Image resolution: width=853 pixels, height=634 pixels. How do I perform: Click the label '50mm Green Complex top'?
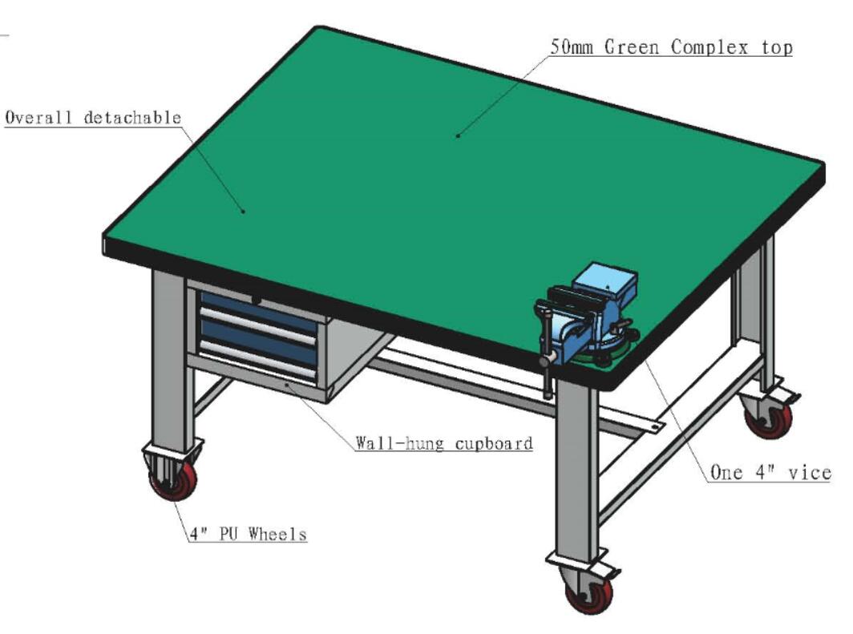coord(671,47)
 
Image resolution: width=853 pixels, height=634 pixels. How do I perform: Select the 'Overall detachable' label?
coord(93,118)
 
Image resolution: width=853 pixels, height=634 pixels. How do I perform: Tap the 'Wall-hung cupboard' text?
coord(444,443)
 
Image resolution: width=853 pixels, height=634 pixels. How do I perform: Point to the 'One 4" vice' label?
coord(771,472)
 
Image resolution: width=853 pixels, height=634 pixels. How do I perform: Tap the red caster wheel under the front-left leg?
coord(173,479)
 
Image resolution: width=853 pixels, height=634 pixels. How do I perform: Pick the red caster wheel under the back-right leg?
coord(769,417)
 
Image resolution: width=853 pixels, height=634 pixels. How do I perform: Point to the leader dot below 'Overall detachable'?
coord(243,211)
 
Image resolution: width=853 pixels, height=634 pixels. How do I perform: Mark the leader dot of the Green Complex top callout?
coord(458,136)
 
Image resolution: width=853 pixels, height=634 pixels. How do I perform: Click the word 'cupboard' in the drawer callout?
coord(493,444)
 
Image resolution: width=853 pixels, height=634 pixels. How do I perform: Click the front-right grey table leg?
coord(576,467)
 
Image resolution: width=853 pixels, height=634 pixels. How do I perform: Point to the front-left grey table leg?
coord(173,359)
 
